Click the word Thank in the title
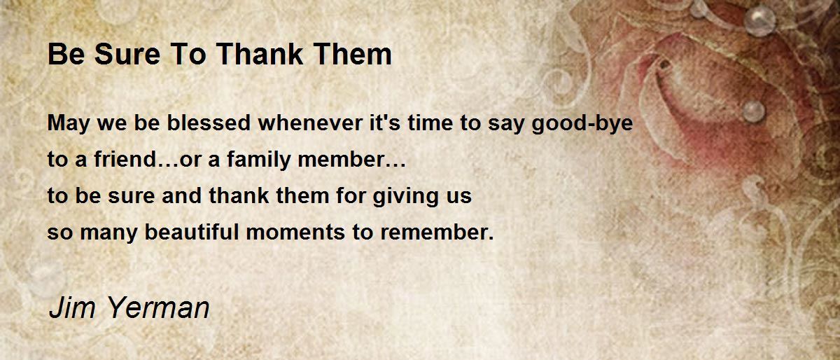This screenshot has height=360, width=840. pos(260,54)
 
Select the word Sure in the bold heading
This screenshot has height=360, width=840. pos(127,54)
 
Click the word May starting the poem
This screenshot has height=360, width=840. pos(69,123)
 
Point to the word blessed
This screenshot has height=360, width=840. pos(209,123)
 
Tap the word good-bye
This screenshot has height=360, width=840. pos(582,123)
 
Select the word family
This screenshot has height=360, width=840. pos(259,160)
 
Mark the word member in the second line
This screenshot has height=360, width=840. pos(340,159)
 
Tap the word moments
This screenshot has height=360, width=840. pos(295,233)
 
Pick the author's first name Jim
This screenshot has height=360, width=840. pos(72,307)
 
